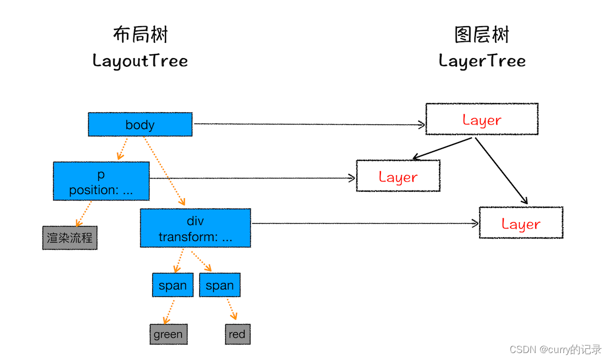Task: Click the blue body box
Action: [140, 124]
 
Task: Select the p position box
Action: [101, 182]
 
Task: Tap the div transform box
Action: [195, 228]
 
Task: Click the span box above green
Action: [173, 285]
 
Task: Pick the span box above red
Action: [220, 285]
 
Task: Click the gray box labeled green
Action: [168, 334]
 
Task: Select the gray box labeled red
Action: [237, 334]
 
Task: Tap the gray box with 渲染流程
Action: [69, 238]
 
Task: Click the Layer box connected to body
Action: [481, 119]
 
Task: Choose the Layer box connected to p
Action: [398, 176]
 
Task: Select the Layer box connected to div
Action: [521, 223]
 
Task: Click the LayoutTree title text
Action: [140, 60]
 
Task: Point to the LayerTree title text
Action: [482, 60]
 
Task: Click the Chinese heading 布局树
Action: [140, 35]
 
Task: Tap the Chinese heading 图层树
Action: [482, 35]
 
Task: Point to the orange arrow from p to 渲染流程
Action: [83, 214]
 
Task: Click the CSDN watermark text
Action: [555, 349]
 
